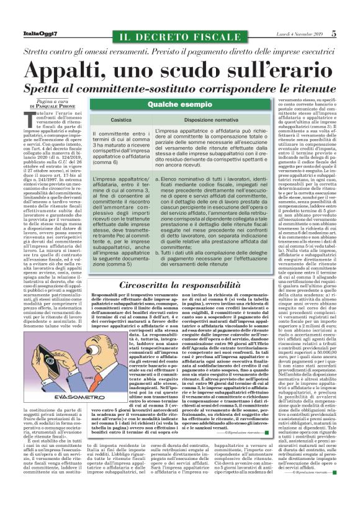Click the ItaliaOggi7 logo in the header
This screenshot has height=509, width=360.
point(23,34)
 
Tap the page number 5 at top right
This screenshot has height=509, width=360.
point(350,34)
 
